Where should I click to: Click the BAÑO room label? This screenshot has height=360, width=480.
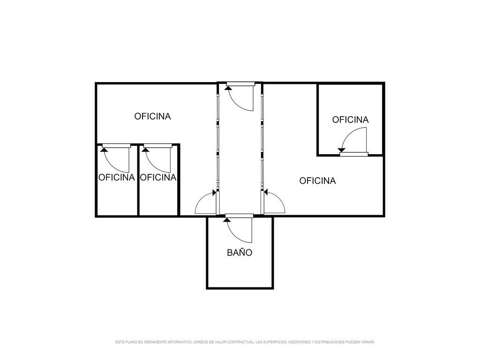(x=240, y=253)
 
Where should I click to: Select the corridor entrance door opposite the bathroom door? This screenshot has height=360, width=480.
(x=240, y=97)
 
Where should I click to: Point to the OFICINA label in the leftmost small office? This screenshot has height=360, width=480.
(x=116, y=178)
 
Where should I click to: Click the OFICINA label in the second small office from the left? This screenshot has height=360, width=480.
(x=158, y=178)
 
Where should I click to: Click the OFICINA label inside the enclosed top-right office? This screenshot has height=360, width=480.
(x=350, y=120)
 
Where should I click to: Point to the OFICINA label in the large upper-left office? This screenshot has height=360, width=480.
(x=152, y=116)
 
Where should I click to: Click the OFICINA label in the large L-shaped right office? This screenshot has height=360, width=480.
(x=317, y=181)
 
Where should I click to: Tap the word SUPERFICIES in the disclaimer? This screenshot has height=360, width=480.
(x=274, y=342)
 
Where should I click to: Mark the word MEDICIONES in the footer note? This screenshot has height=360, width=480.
(x=300, y=342)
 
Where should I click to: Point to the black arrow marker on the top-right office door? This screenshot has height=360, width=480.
(x=342, y=150)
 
